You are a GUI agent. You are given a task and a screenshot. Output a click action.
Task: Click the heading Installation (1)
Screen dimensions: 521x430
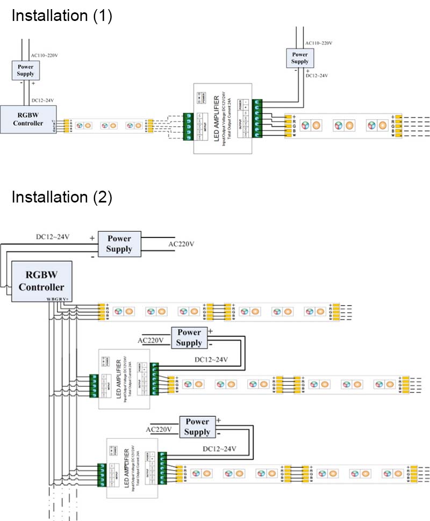coord(62,16)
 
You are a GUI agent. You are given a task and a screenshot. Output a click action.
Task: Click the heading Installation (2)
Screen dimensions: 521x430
coord(62,197)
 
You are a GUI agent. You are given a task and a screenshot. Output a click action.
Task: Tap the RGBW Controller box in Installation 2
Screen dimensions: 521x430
coord(41,281)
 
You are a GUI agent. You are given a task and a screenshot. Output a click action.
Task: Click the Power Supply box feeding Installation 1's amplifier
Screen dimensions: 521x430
coord(300,57)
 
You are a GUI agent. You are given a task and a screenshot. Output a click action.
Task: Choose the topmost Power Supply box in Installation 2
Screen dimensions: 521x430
coord(119,244)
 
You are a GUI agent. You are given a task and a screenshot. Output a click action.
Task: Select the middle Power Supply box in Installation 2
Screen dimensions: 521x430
coord(189,338)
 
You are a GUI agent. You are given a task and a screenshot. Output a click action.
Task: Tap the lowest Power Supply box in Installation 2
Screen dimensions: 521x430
coord(197,427)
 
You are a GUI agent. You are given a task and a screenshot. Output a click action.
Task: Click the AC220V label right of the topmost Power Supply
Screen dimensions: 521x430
coord(181,244)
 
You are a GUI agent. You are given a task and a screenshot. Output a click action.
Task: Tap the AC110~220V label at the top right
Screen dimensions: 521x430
coord(319,43)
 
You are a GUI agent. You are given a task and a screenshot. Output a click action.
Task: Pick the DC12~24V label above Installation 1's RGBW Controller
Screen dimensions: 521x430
coord(42,100)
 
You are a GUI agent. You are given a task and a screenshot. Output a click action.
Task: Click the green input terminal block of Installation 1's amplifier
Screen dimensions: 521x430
coord(189,127)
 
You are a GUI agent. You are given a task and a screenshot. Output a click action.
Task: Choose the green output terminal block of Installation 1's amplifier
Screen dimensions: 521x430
coord(257,118)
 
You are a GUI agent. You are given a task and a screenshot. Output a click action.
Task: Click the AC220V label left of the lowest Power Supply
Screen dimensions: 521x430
coord(159,430)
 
